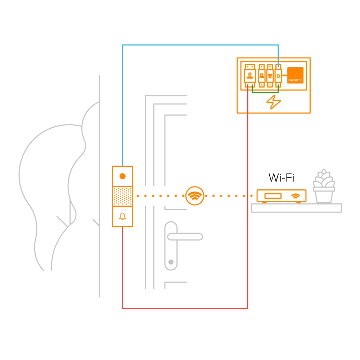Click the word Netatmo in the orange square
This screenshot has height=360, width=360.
click(295, 80)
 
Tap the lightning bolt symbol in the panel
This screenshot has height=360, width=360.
click(274, 102)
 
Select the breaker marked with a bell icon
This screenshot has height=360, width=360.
click(278, 76)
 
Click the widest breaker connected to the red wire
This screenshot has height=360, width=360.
click(249, 76)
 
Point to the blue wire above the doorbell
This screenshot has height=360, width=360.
click(122, 108)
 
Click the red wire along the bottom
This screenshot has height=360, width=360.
click(184, 308)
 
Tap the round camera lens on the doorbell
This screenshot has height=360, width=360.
click(122, 176)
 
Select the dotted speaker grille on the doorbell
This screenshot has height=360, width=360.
click(122, 196)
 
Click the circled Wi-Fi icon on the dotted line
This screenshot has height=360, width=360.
click(195, 196)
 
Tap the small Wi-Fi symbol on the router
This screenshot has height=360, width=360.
click(296, 196)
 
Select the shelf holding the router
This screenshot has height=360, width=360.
click(296, 208)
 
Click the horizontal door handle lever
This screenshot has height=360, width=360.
click(185, 237)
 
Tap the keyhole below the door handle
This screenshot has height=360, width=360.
click(171, 262)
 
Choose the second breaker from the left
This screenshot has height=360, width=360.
click(262, 76)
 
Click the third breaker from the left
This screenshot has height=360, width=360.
click(270, 76)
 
